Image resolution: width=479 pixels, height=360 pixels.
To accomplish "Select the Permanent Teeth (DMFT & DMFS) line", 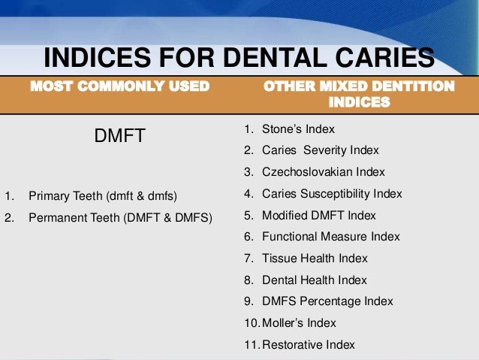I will point(120,219).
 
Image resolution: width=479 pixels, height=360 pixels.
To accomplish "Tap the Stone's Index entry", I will point(298,129).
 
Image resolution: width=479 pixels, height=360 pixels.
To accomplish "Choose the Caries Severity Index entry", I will point(321,150).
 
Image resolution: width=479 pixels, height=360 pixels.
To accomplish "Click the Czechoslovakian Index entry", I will point(323,172).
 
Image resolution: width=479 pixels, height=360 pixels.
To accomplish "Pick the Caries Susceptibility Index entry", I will point(332,194).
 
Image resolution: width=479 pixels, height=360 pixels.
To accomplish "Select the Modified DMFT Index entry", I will point(318,215).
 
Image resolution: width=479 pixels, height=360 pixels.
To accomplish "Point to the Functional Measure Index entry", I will point(330,237).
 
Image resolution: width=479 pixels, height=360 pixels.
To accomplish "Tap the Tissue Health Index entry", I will point(315,258).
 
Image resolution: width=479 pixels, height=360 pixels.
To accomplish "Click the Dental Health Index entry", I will point(315,280).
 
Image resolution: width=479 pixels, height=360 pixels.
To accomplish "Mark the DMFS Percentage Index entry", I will point(327,301).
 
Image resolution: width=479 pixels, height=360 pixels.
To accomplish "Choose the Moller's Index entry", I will point(299,323).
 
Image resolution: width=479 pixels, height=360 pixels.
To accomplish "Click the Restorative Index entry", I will point(308,345).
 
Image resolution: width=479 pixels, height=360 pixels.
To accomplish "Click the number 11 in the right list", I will point(250,345).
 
